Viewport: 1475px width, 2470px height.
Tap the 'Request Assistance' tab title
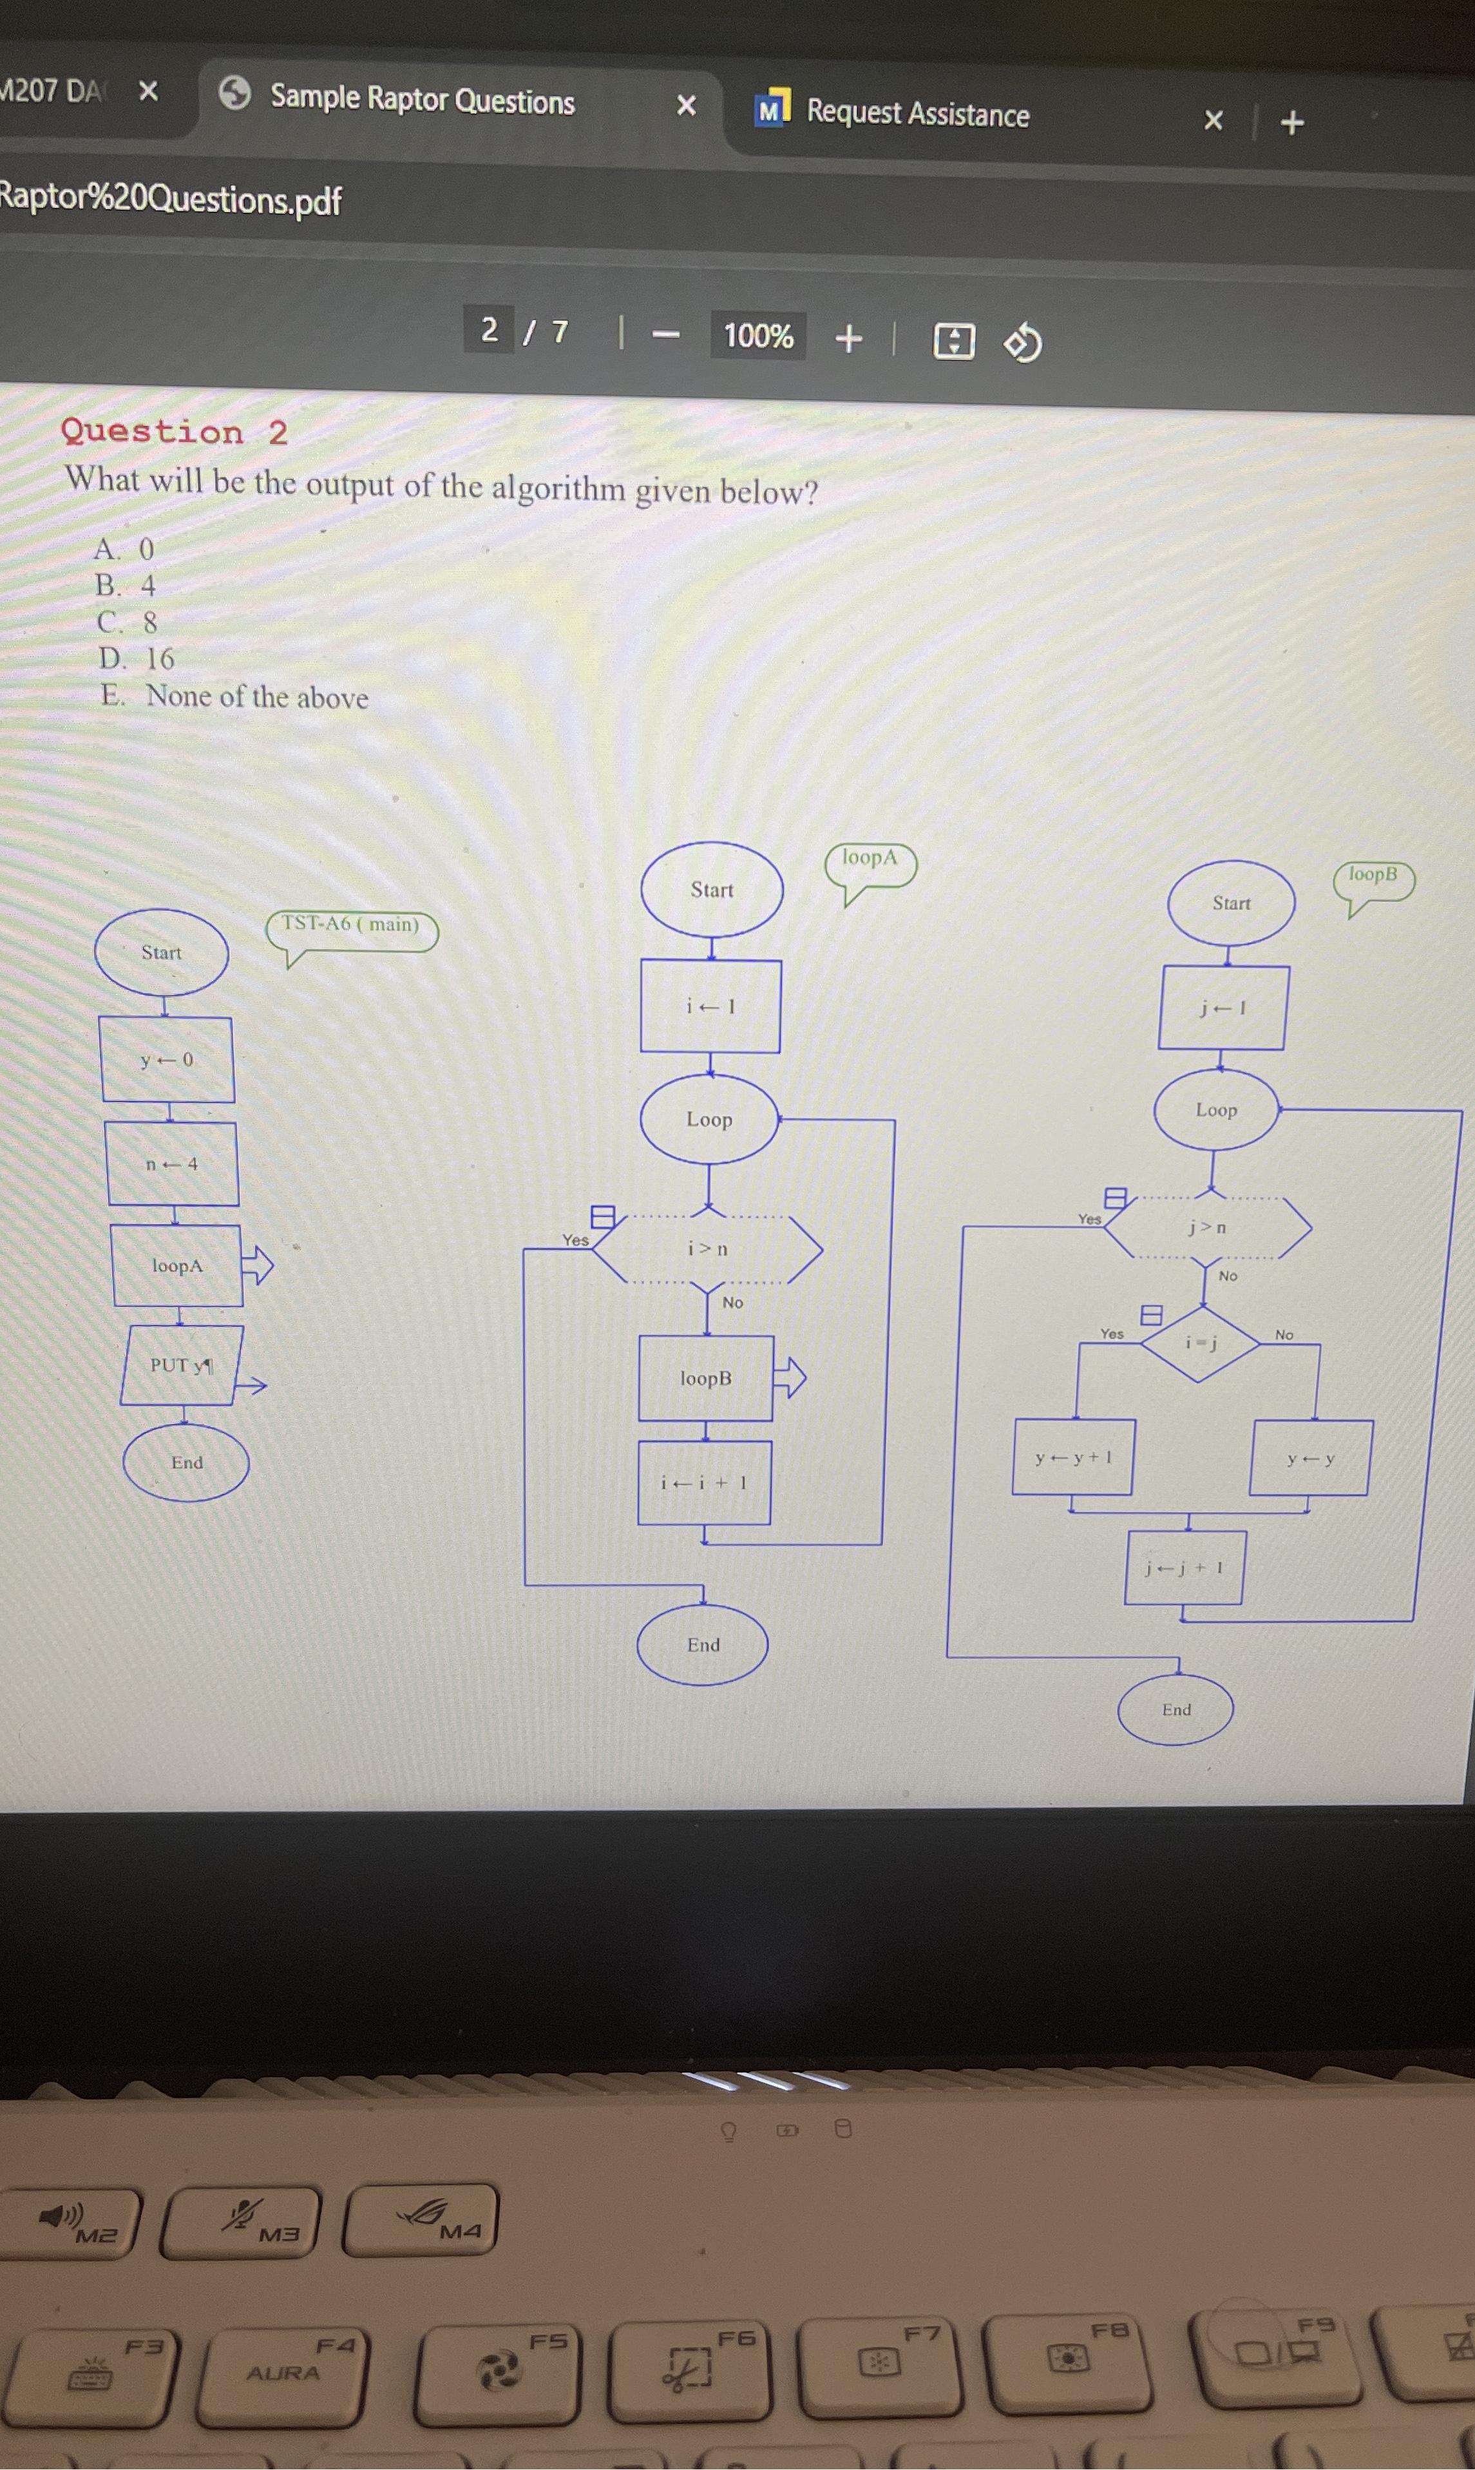[917, 113]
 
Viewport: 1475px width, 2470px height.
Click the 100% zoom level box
[757, 336]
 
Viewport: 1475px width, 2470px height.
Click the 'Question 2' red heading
[174, 432]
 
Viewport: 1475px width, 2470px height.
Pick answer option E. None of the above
[236, 696]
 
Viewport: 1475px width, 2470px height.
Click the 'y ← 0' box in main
[167, 1060]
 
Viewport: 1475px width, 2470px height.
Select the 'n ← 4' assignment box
[172, 1164]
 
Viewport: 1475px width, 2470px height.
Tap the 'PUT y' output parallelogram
[181, 1364]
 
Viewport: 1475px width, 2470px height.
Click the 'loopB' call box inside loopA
[706, 1377]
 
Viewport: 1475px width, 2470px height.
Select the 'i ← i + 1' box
[704, 1482]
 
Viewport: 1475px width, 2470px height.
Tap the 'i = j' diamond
[1201, 1343]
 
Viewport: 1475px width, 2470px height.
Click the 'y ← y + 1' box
[1072, 1457]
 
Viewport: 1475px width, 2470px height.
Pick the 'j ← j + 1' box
[1184, 1567]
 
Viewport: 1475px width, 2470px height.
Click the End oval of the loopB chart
[1176, 1709]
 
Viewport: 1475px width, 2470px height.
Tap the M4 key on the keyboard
[421, 2219]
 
